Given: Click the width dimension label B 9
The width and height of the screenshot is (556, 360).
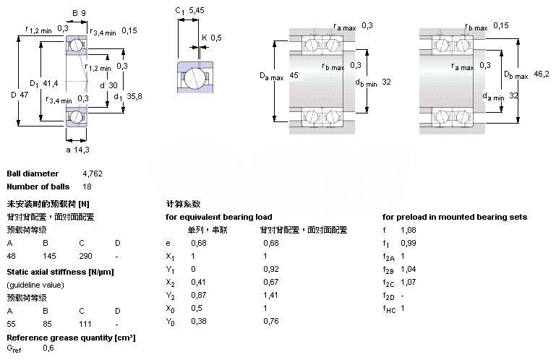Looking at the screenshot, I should click(x=79, y=12).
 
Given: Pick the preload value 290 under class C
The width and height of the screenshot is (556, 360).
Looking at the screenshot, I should click(x=85, y=257).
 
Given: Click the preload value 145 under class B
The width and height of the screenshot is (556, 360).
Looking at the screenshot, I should click(x=50, y=257).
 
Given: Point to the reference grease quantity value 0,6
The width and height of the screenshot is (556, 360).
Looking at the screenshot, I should click(x=48, y=348).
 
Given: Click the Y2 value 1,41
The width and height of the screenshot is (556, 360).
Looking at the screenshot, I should click(x=270, y=296).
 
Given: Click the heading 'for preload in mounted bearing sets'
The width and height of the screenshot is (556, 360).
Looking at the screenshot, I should click(x=455, y=217).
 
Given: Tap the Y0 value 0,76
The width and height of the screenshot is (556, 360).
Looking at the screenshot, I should click(x=270, y=322).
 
